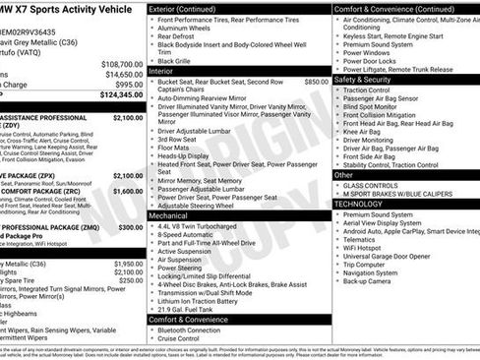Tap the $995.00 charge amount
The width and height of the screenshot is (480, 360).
128,85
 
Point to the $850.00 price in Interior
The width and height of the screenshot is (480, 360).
317,82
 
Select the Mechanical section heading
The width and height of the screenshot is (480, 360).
170,214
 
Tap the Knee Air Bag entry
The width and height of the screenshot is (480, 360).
369,130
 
